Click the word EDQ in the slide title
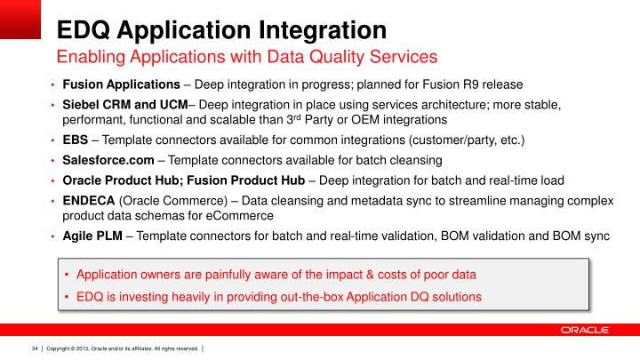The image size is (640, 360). [x=86, y=28]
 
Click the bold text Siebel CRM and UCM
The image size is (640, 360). [x=124, y=105]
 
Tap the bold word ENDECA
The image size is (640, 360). [x=88, y=200]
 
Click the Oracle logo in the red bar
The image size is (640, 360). [x=584, y=330]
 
